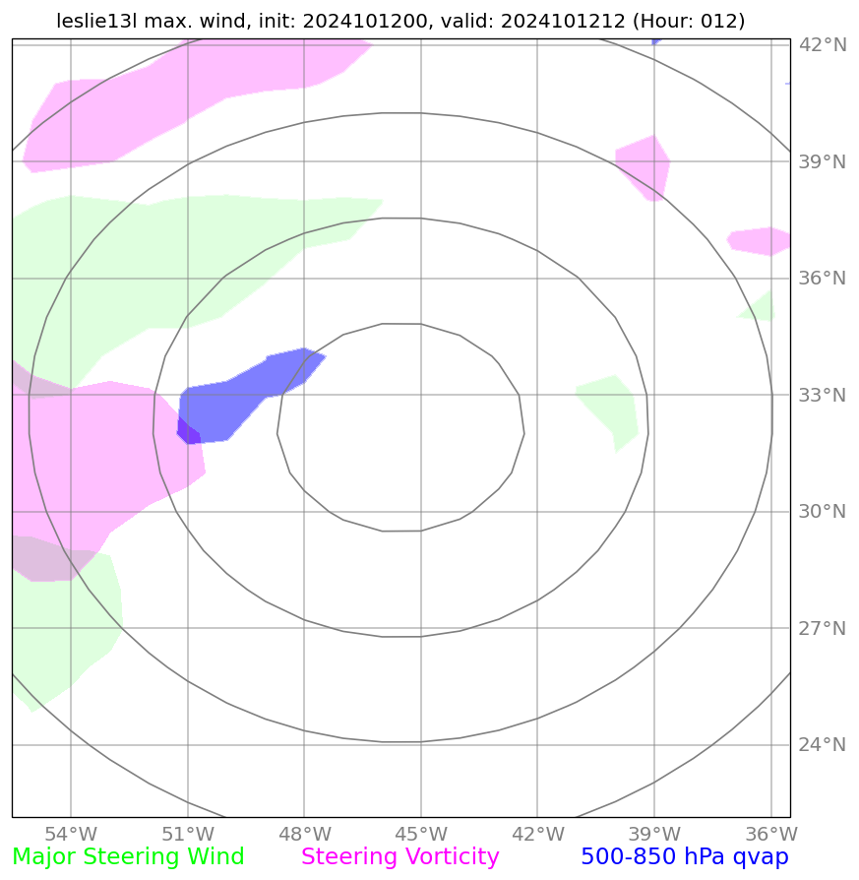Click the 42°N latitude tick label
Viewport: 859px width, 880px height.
click(822, 45)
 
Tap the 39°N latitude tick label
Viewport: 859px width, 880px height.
click(822, 162)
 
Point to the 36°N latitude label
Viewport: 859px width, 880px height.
click(822, 279)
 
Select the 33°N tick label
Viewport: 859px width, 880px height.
click(822, 396)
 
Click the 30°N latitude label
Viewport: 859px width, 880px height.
click(822, 512)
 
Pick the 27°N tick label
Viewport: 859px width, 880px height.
click(822, 629)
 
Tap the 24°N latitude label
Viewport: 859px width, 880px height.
click(822, 745)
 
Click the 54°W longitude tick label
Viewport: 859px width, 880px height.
click(71, 834)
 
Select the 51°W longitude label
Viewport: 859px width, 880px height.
click(187, 834)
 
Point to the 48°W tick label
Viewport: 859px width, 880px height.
click(304, 834)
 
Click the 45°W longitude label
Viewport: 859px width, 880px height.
click(420, 834)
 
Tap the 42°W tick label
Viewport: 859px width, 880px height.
click(537, 834)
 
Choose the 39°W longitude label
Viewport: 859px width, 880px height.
click(653, 834)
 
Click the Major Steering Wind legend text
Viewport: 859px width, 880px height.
click(129, 857)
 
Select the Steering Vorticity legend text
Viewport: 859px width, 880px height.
click(400, 857)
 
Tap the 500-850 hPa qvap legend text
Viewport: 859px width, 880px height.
click(685, 857)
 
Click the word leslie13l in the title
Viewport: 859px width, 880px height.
click(96, 21)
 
